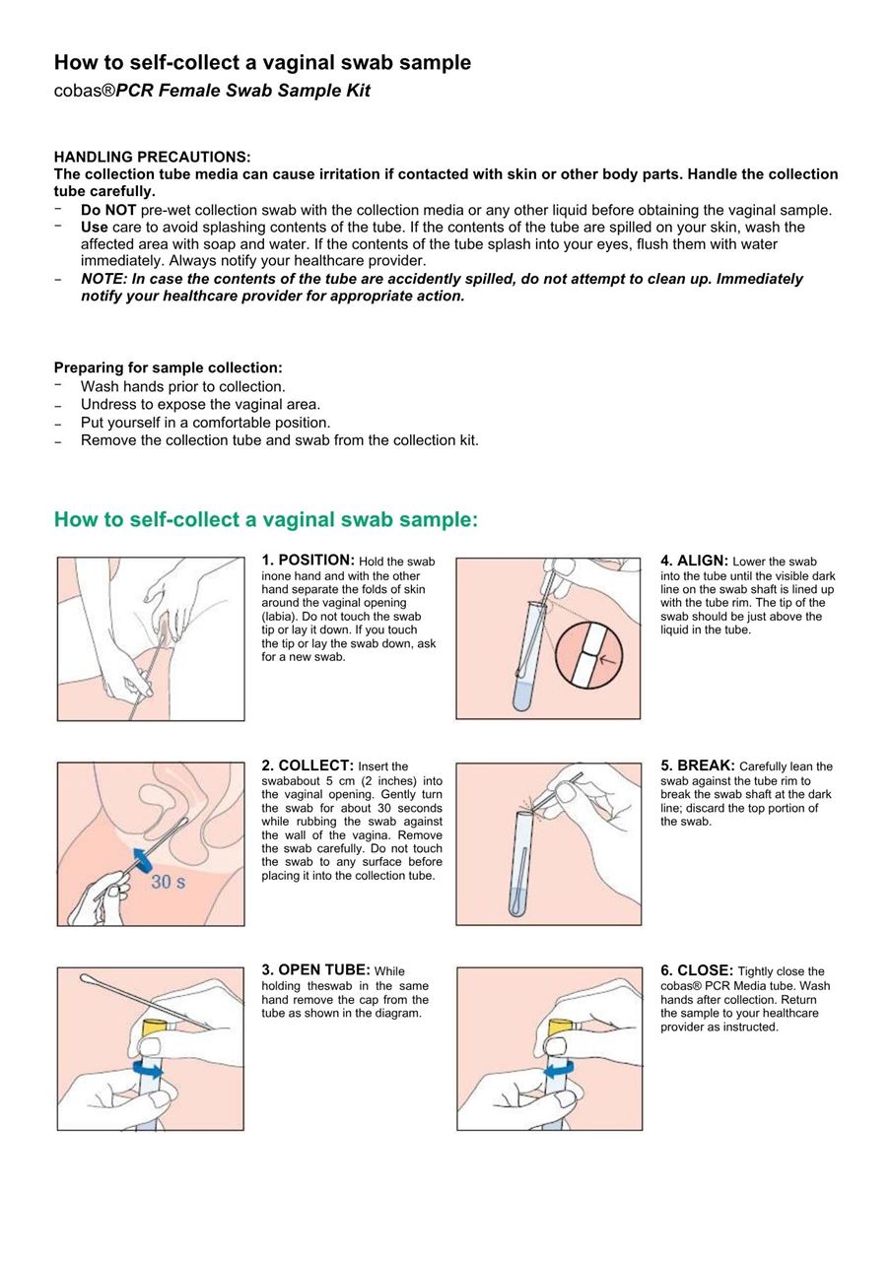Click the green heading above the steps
click(265, 519)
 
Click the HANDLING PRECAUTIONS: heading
click(152, 157)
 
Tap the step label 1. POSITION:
click(308, 561)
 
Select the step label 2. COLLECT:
click(308, 765)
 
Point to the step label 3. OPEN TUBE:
click(315, 970)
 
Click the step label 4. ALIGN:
click(694, 561)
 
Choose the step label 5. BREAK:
click(697, 765)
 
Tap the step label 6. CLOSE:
click(697, 970)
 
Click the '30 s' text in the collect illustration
click(168, 882)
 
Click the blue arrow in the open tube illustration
click(148, 1070)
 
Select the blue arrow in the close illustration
click(559, 1069)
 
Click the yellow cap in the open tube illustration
click(154, 1028)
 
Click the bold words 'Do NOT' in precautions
click(108, 210)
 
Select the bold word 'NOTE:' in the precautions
click(103, 279)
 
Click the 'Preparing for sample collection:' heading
click(168, 367)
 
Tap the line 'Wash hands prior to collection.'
click(182, 386)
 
